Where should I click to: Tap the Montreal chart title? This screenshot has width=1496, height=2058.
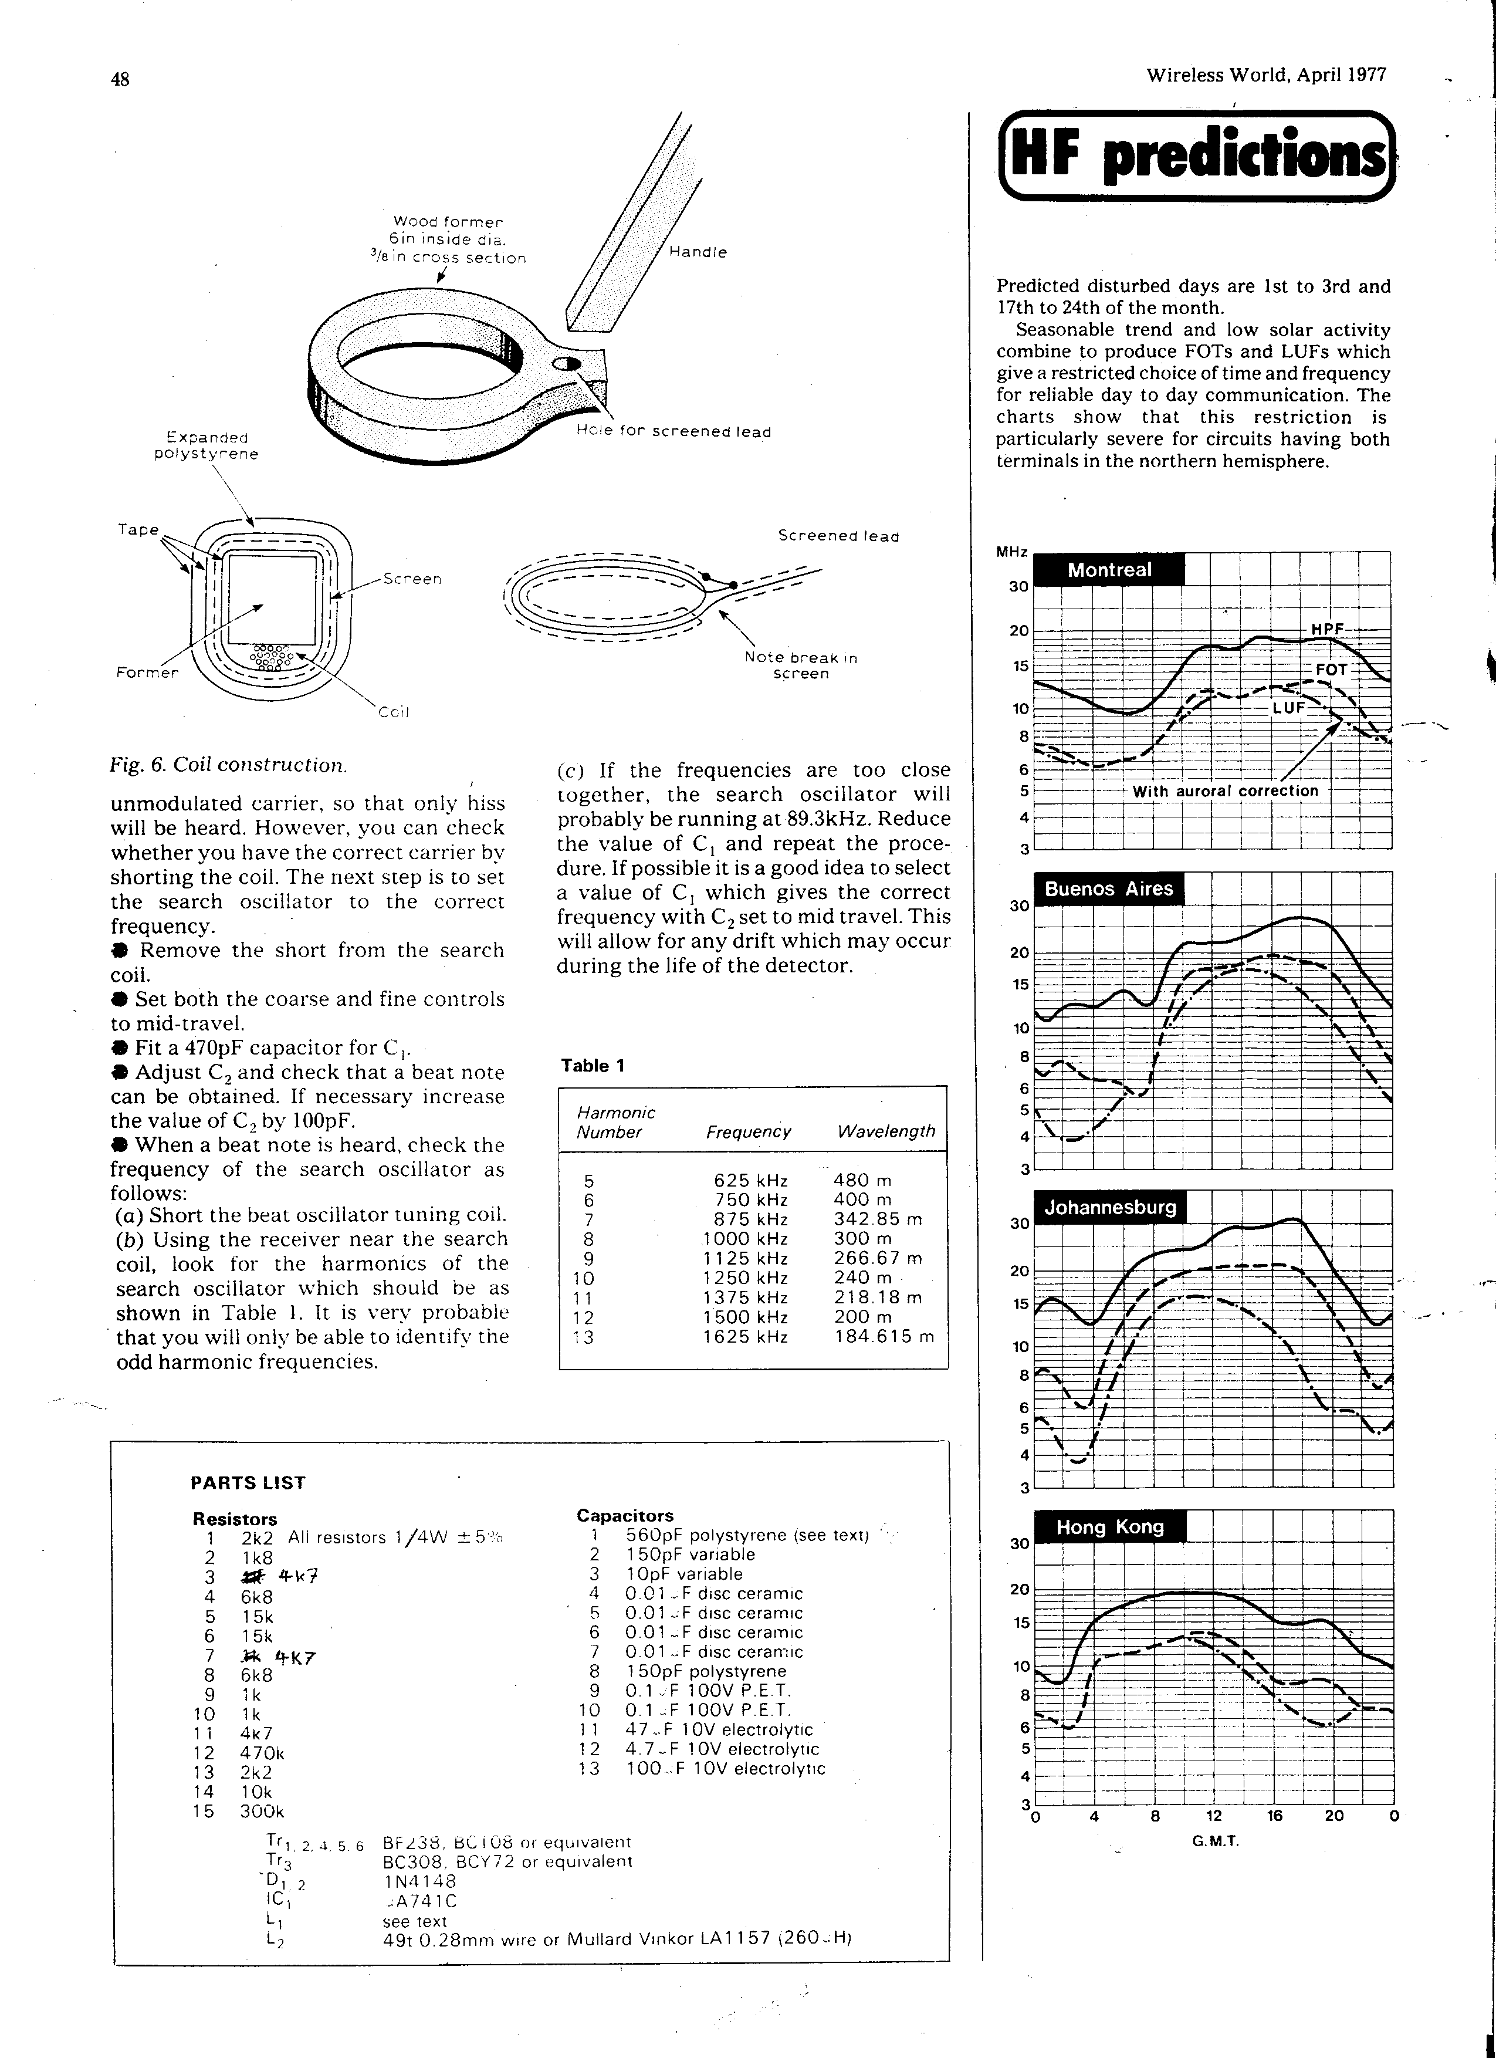pyautogui.click(x=1109, y=570)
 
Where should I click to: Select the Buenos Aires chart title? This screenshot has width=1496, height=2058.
pyautogui.click(x=1109, y=888)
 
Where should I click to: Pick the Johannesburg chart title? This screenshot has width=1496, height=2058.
pyautogui.click(x=1109, y=1207)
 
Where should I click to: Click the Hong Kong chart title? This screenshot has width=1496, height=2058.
pyautogui.click(x=1109, y=1526)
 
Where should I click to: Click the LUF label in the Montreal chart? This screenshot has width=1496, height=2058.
pyautogui.click(x=1287, y=707)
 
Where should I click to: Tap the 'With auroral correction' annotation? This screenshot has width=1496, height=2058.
pyautogui.click(x=1225, y=790)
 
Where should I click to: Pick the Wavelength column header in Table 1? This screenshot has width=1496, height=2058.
pyautogui.click(x=885, y=1131)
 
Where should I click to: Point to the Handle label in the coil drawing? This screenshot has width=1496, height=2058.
pyautogui.click(x=698, y=252)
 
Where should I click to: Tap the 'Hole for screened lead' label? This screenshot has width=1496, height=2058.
pyautogui.click(x=673, y=432)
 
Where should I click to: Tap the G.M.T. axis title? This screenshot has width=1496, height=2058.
pyautogui.click(x=1215, y=1841)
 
